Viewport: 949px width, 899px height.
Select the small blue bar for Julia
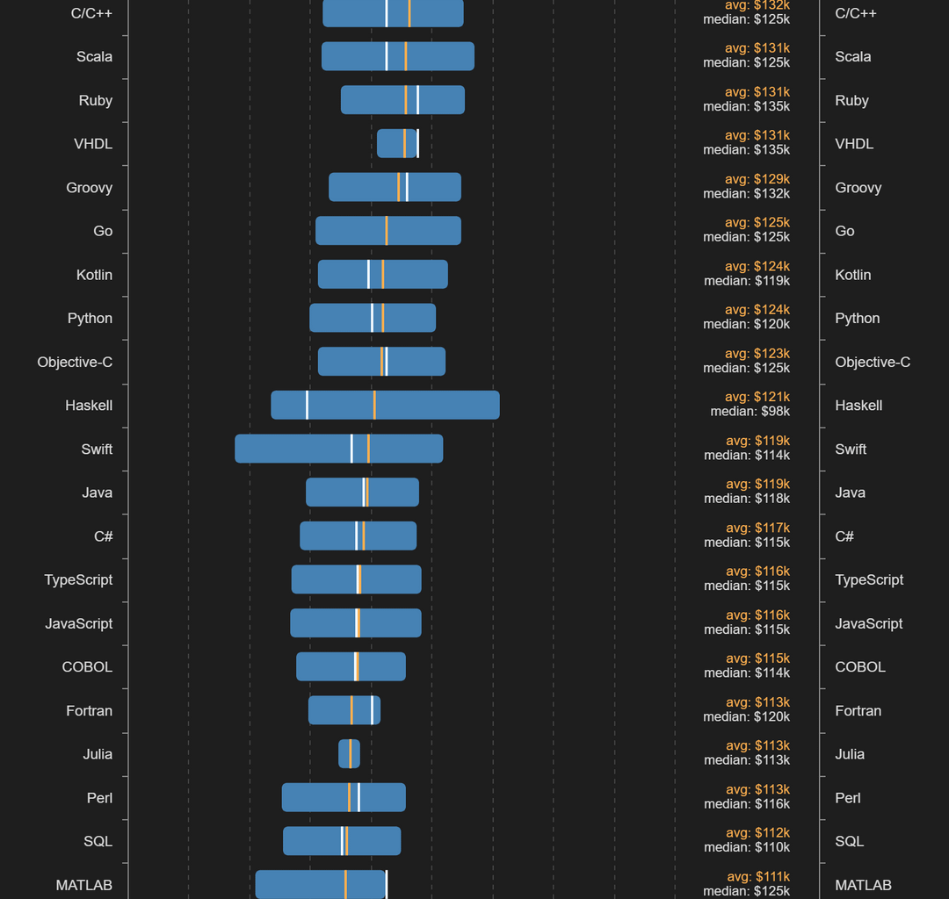tap(344, 753)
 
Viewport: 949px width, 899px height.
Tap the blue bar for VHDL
tap(391, 143)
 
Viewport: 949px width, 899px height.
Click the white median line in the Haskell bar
tap(307, 405)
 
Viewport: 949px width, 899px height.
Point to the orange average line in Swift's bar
tap(368, 449)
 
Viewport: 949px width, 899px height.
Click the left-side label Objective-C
tap(75, 362)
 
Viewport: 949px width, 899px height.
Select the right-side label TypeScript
tap(869, 579)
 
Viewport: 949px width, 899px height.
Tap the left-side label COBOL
tap(87, 666)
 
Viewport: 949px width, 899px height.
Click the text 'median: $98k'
tap(750, 411)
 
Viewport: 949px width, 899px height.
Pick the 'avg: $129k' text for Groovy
tap(757, 179)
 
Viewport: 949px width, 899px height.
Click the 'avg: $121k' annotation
tap(757, 397)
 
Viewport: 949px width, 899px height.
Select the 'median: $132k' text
tap(746, 193)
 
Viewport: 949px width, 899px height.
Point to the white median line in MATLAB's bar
tap(387, 884)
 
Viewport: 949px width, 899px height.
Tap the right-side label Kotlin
tap(852, 275)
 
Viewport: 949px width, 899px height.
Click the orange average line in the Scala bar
tap(405, 56)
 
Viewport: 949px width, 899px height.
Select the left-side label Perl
tap(99, 798)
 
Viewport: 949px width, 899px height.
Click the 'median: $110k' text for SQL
tap(746, 847)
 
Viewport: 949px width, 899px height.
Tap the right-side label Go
tap(844, 231)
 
